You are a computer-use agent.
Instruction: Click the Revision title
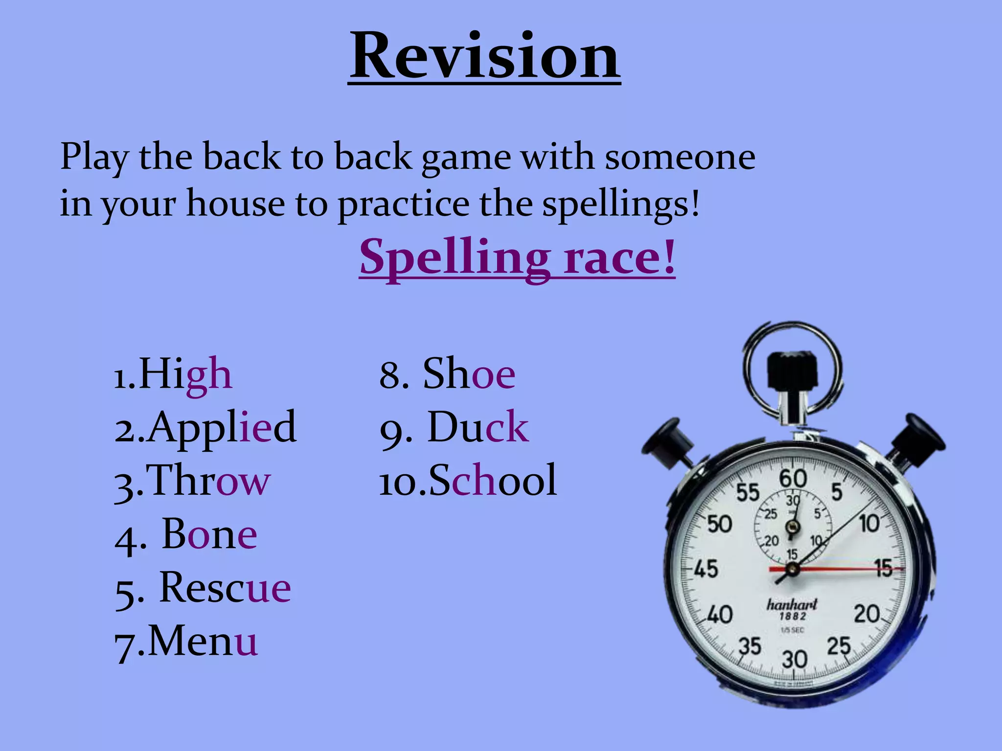pyautogui.click(x=484, y=56)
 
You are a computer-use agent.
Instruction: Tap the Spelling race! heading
pyautogui.click(x=517, y=257)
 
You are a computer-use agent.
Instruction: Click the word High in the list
pyautogui.click(x=185, y=375)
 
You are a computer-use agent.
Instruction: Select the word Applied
pyautogui.click(x=222, y=427)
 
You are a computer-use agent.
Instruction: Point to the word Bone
pyautogui.click(x=209, y=534)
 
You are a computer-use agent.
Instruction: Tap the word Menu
pyautogui.click(x=203, y=641)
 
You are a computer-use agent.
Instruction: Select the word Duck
pyautogui.click(x=478, y=427)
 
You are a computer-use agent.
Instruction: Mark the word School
pyautogui.click(x=493, y=481)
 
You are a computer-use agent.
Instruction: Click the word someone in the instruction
pyautogui.click(x=680, y=157)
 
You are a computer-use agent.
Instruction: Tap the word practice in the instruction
pyautogui.click(x=404, y=204)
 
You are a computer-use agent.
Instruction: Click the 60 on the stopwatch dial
pyautogui.click(x=793, y=479)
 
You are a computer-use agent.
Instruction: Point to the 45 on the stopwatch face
pyautogui.click(x=706, y=569)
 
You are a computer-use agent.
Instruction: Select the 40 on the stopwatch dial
pyautogui.click(x=720, y=615)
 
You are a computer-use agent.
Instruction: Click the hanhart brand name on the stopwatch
pyautogui.click(x=792, y=605)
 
